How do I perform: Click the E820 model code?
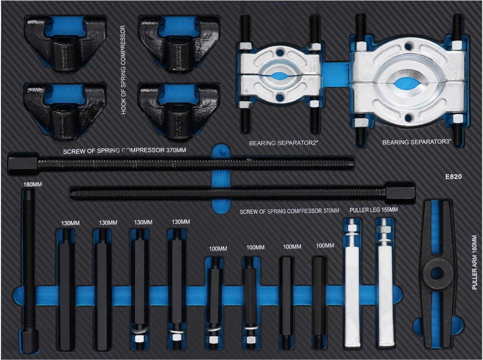(453, 176)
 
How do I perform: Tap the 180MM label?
(33, 184)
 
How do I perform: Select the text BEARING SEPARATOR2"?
(284, 143)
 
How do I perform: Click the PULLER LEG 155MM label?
(374, 210)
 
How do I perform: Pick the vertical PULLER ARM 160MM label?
(475, 262)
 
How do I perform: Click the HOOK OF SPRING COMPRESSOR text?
(123, 70)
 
